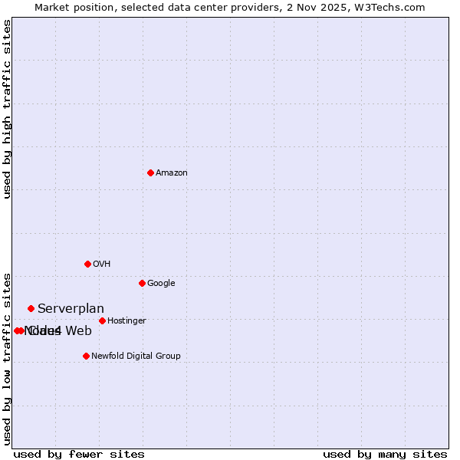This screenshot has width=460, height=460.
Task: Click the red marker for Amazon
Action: point(150,172)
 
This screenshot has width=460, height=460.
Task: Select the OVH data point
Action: point(87,264)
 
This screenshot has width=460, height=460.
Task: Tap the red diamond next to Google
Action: point(142,283)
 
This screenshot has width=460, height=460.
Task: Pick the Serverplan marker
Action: point(31,308)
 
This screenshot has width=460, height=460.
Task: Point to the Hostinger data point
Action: point(102,320)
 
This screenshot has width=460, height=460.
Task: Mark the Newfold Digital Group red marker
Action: point(86,356)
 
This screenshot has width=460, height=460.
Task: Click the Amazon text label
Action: point(172,173)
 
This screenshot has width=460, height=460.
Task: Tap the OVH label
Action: point(102,264)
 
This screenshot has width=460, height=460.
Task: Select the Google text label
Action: point(161,284)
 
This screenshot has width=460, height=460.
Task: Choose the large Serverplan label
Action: point(71,309)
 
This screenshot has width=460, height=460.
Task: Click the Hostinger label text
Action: point(127,321)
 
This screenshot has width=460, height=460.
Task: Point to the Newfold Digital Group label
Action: point(136,356)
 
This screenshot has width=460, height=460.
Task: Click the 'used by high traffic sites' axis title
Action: point(7,109)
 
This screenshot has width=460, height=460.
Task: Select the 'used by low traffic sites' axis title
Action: point(7,358)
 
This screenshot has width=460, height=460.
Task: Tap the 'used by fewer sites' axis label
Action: point(79,455)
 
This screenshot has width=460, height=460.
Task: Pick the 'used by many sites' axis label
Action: point(385,455)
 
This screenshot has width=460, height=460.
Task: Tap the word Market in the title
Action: point(52,8)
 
